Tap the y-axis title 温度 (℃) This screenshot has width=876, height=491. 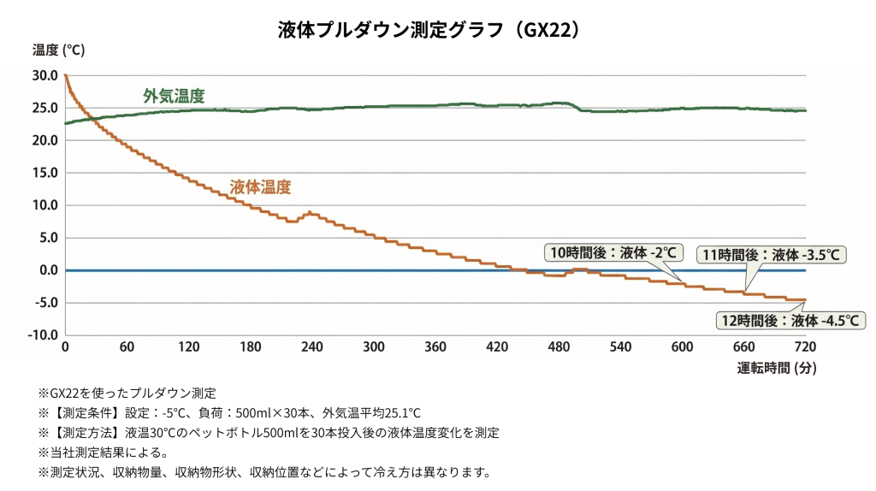(58, 50)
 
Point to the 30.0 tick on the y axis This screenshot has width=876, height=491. (45, 75)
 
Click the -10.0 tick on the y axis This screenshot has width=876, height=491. (43, 334)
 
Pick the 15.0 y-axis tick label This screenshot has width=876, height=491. (45, 173)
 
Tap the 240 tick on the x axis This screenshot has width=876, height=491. (312, 347)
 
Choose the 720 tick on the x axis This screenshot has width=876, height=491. (806, 347)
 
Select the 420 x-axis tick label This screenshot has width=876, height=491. (497, 347)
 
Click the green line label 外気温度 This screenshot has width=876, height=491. (174, 95)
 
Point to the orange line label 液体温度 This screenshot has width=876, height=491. (261, 186)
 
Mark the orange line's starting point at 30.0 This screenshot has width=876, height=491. (66, 76)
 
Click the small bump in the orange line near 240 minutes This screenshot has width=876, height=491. (309, 212)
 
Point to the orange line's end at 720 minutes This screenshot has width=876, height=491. (805, 299)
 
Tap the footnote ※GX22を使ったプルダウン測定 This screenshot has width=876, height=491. (127, 393)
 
